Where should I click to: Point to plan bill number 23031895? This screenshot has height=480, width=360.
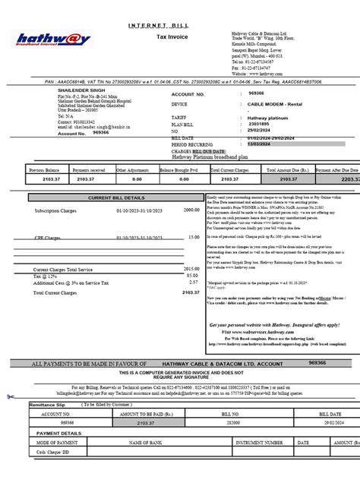[260, 123]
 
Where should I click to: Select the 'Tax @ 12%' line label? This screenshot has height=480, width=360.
[45, 276]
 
